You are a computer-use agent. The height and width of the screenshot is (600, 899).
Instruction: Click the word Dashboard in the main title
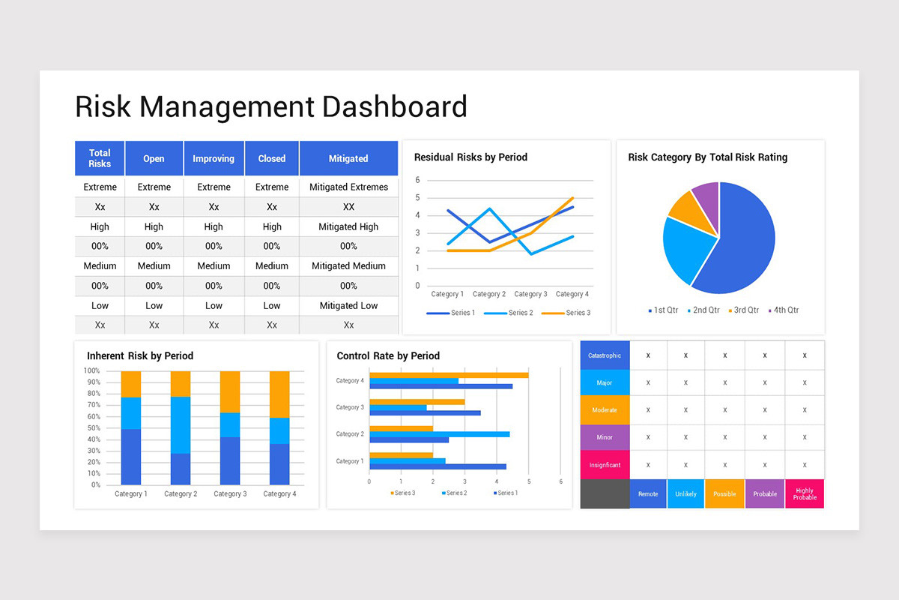tap(395, 106)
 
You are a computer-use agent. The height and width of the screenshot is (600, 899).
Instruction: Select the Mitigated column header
tap(348, 158)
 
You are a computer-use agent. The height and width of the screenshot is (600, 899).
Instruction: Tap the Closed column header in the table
tap(272, 158)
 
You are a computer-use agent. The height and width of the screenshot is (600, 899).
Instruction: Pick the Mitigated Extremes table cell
tap(348, 187)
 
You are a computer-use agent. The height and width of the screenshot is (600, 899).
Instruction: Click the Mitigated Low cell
tap(348, 305)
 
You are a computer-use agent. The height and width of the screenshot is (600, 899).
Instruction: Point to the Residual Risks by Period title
tap(470, 157)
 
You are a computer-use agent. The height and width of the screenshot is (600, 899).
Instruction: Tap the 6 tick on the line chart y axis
tap(418, 180)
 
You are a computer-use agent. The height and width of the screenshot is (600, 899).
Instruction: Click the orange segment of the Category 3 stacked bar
tap(229, 391)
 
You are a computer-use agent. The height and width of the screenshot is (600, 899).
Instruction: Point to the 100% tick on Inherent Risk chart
tap(91, 370)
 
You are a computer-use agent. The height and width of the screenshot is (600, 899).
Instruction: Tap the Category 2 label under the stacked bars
tap(181, 493)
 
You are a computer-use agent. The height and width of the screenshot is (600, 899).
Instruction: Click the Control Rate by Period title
tap(388, 355)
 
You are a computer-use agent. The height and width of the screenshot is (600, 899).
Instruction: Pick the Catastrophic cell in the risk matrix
tap(605, 355)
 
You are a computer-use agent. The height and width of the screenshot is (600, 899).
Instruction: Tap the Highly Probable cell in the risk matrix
tap(805, 494)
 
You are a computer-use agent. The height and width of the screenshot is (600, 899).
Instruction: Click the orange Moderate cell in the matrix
tap(605, 410)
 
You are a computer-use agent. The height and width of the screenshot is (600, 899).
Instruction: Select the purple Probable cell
tap(764, 494)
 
